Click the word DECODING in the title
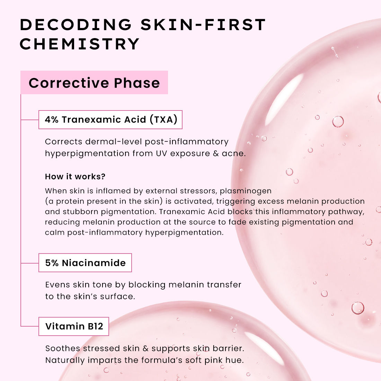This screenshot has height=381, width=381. click(76, 25)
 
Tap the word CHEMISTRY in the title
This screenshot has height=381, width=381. click(79, 44)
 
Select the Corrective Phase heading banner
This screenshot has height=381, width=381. click(94, 82)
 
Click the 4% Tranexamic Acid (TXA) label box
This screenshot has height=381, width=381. click(110, 119)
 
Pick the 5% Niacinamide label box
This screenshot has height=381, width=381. click(85, 263)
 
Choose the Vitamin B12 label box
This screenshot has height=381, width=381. click(74, 326)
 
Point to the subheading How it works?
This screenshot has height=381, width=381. click(75, 176)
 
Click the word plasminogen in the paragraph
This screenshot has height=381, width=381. click(246, 191)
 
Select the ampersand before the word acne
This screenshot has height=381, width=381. click(215, 153)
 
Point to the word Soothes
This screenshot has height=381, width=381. click(62, 348)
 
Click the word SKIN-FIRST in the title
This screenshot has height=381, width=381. click(203, 25)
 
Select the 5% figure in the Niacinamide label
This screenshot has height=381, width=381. click(52, 263)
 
